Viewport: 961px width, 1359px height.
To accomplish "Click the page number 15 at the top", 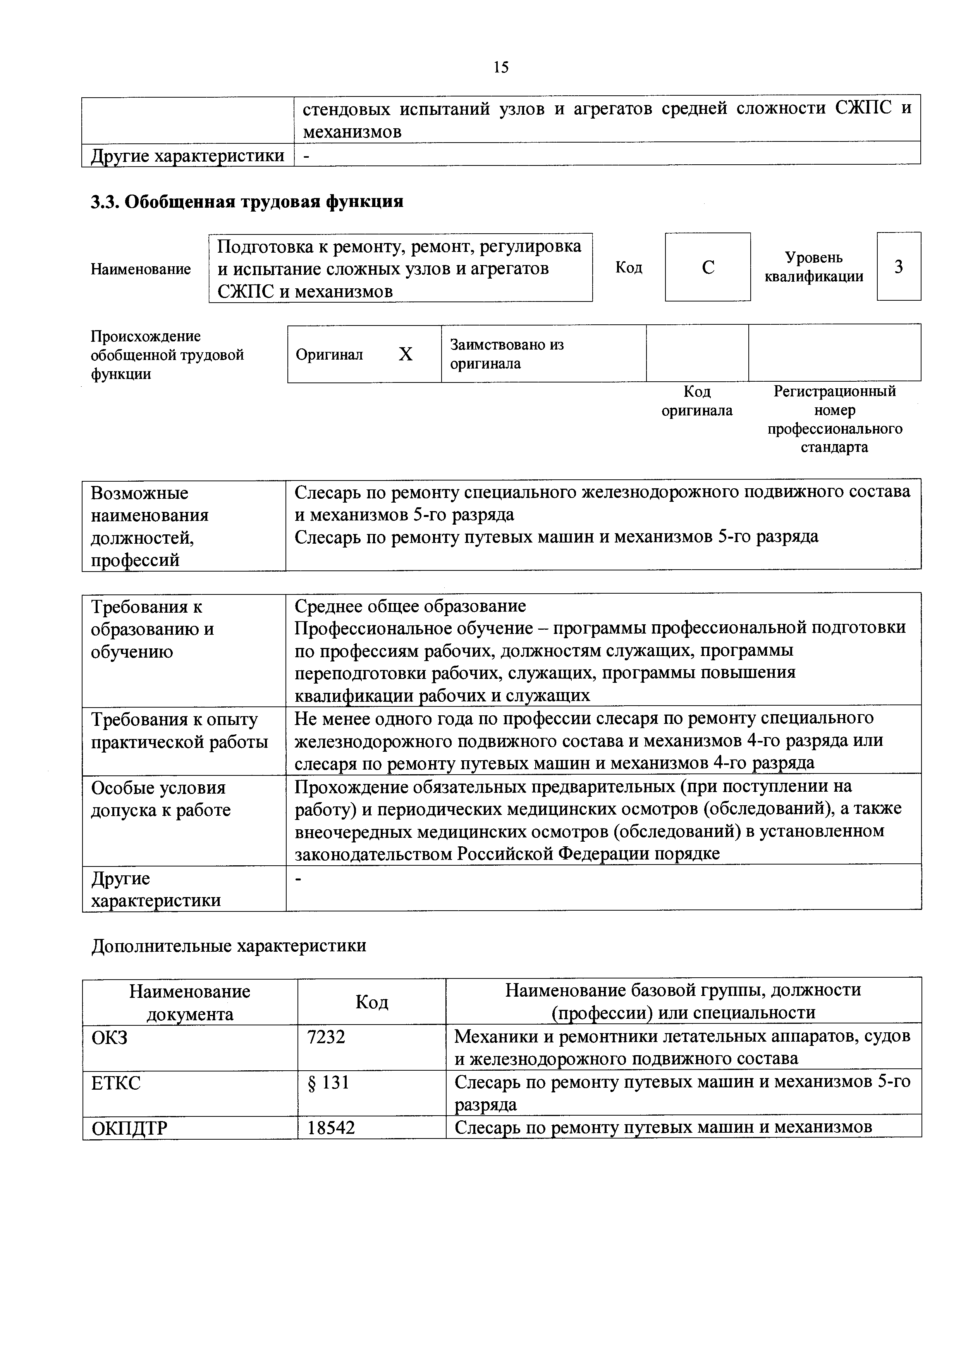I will click(x=500, y=67).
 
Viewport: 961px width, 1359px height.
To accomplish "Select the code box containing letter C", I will click(x=708, y=267).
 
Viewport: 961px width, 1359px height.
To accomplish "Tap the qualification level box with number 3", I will click(x=898, y=267).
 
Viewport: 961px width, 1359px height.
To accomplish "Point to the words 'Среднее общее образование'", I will click(x=410, y=606).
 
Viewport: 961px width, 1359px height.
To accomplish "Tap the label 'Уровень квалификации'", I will click(x=814, y=267).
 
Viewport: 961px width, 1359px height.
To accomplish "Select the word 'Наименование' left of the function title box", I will click(x=141, y=269).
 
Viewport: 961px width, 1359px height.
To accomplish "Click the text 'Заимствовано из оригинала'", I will click(x=507, y=354).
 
